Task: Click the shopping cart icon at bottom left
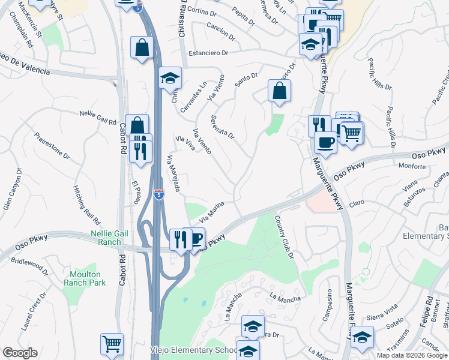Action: tap(112, 344)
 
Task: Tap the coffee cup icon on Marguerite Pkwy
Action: tap(325, 143)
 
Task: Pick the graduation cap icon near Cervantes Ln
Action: tap(170, 79)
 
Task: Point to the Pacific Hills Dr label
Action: tap(391, 120)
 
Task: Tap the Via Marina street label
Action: tap(219, 210)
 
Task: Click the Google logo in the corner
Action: tap(20, 353)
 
